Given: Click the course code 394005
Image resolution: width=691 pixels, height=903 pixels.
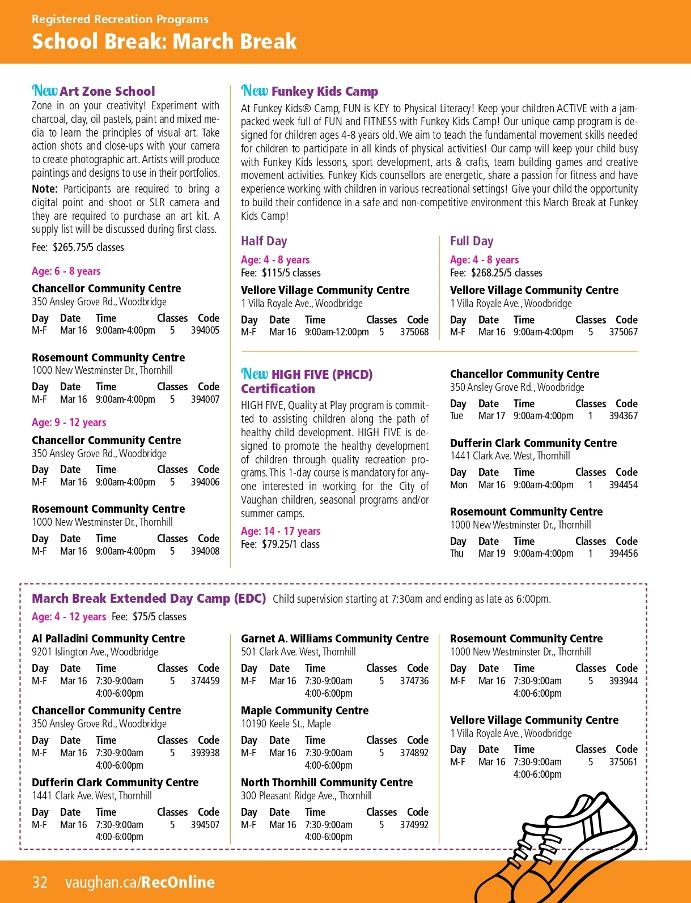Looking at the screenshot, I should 205,330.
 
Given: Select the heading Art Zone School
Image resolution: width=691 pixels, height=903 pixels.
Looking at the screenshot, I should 107,91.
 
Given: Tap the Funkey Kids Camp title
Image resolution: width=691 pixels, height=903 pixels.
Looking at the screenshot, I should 324,91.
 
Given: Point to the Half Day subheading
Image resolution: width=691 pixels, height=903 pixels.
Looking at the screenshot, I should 264,241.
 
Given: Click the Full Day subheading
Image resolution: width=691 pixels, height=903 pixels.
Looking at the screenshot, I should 472,241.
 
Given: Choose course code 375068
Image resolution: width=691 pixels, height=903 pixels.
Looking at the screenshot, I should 414,332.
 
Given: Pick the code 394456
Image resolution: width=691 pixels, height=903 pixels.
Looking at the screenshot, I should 623,553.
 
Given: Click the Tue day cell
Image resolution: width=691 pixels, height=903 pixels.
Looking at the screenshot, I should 456,416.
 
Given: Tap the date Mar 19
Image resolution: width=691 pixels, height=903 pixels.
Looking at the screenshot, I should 491,553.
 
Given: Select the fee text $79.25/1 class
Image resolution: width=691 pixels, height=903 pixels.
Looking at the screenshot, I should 290,544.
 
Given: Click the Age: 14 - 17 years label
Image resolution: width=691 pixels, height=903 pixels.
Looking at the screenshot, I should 281,531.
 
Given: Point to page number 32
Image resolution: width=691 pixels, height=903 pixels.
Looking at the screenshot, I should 40,882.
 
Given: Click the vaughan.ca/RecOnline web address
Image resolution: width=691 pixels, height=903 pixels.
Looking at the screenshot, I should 140,882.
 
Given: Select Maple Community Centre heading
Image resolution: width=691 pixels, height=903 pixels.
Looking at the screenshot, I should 304,710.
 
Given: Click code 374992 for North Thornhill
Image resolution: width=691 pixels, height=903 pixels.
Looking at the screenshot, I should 414,825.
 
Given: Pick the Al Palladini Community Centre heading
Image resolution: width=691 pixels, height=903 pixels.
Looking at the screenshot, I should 108,638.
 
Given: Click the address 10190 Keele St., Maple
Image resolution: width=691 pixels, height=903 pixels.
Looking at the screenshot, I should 286,723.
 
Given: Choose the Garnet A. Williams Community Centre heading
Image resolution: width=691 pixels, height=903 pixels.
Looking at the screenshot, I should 334,638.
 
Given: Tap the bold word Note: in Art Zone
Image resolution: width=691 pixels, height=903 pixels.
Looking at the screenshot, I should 45,189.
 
